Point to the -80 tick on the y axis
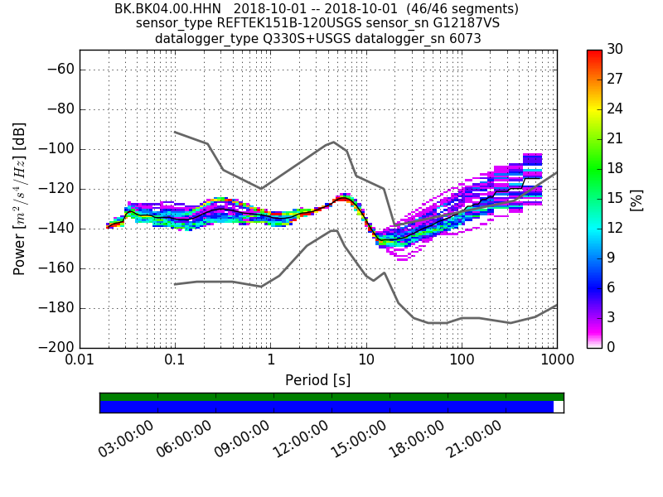pyautogui.click(x=60, y=109)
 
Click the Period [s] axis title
pyautogui.click(x=317, y=380)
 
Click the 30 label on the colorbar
pyautogui.click(x=616, y=50)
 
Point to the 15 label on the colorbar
pyautogui.click(x=616, y=199)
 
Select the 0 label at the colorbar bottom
pyautogui.click(x=612, y=348)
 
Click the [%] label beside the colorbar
pyautogui.click(x=636, y=199)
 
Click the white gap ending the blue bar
pyautogui.click(x=559, y=407)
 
